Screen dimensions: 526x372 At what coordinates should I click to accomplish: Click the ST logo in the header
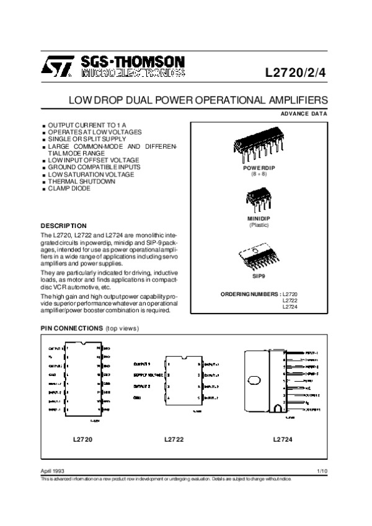pyautogui.click(x=58, y=66)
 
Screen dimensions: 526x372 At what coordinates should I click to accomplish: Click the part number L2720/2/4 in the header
pyautogui.click(x=294, y=71)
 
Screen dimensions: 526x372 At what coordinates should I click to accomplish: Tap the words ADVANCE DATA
pyautogui.click(x=304, y=113)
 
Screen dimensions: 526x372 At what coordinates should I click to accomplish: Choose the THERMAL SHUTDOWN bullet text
pyautogui.click(x=81, y=182)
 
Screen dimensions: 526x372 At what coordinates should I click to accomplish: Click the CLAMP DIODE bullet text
pyautogui.click(x=69, y=188)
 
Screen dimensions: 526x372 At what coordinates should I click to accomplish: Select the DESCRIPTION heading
pyautogui.click(x=63, y=226)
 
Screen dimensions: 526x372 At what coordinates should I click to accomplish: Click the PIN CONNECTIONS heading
pyautogui.click(x=72, y=328)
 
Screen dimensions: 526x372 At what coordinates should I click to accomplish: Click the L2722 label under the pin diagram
pyautogui.click(x=174, y=439)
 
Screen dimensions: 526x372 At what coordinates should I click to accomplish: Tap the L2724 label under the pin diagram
pyautogui.click(x=283, y=439)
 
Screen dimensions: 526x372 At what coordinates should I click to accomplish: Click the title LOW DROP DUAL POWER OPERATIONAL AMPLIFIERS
pyautogui.click(x=198, y=99)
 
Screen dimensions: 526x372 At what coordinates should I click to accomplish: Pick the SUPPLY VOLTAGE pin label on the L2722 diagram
pyautogui.click(x=148, y=375)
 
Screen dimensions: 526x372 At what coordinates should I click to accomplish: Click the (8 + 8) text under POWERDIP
pyautogui.click(x=258, y=175)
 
